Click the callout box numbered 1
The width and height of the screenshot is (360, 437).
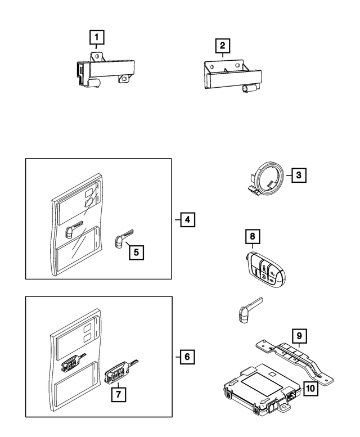97,38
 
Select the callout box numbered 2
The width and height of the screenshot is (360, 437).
222,46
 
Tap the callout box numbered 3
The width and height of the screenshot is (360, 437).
299,175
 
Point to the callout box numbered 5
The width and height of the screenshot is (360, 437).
136,253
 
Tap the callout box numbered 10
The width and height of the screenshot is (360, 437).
310,388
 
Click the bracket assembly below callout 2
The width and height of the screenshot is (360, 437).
230,76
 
